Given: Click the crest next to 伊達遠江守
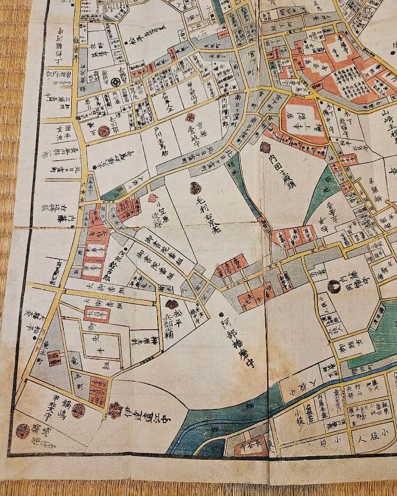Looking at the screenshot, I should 115,408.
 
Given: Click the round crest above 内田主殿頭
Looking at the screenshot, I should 266,147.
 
